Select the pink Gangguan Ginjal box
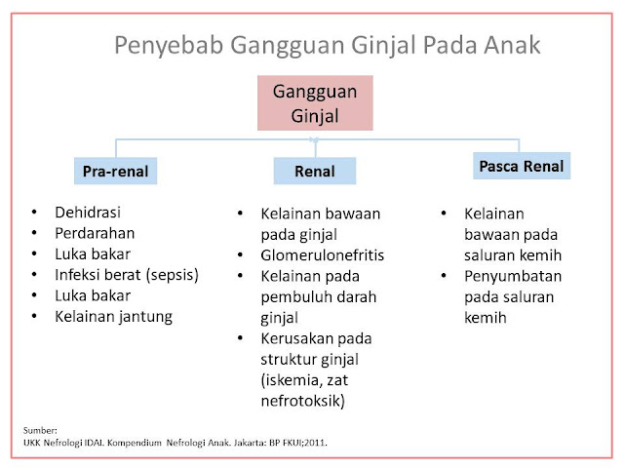pyautogui.click(x=315, y=103)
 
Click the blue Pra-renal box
pyautogui.click(x=115, y=172)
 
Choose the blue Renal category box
pyautogui.click(x=314, y=172)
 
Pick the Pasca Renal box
pyautogui.click(x=521, y=166)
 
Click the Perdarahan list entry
pyautogui.click(x=96, y=232)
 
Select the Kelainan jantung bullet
pyautogui.click(x=114, y=316)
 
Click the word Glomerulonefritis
pyautogui.click(x=322, y=255)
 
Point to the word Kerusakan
pyautogui.click(x=296, y=338)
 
